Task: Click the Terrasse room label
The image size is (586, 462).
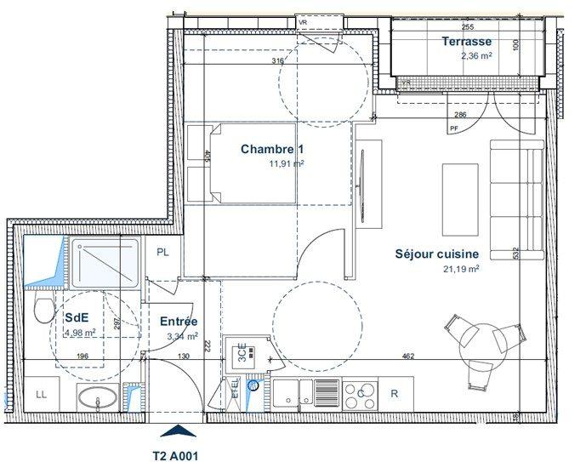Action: coord(466,42)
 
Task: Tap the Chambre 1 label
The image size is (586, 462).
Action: coord(271,149)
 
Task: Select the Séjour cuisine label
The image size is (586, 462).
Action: coord(437,254)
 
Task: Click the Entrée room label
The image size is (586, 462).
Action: coord(179,322)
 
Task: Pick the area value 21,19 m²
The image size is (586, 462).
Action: coord(460,268)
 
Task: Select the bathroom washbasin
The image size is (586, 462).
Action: coord(100,397)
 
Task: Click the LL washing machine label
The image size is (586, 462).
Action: coord(40,394)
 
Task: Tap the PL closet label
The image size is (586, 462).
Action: coord(162,253)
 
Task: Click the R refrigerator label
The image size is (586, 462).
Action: coord(394,394)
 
